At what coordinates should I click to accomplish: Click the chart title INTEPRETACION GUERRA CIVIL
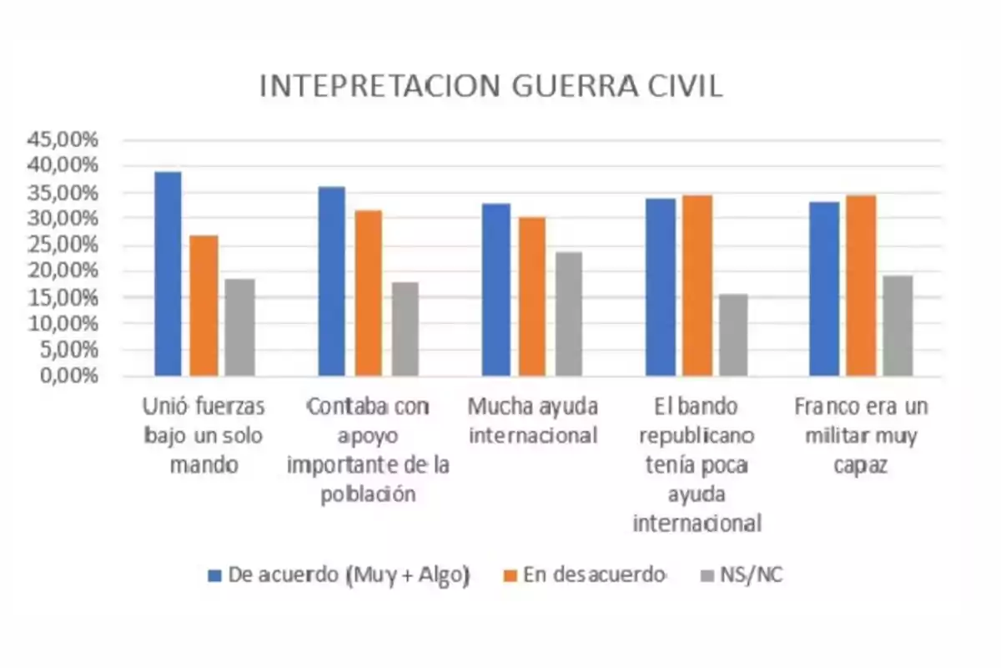490,87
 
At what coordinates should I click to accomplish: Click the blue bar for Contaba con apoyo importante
331,281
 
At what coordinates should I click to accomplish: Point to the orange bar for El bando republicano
697,286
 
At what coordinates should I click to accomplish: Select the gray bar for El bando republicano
733,335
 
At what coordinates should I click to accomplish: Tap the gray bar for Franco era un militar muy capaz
898,326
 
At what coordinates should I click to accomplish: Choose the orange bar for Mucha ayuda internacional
531,296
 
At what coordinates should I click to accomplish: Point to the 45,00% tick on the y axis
64,140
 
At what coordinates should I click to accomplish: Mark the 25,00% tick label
64,245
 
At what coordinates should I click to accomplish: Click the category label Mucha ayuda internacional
533,421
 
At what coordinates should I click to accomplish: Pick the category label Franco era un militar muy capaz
860,435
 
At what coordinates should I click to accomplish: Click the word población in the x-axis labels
368,493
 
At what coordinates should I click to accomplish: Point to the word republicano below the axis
697,436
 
